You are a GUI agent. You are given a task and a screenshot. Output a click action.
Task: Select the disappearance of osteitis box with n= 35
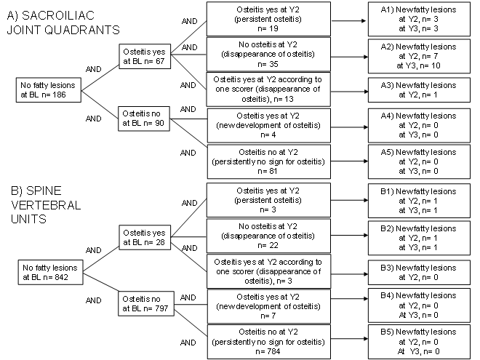tap(269, 54)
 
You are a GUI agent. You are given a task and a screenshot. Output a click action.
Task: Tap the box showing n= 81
tap(269, 161)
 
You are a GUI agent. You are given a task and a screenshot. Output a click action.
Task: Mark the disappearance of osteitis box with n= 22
tap(269, 235)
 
